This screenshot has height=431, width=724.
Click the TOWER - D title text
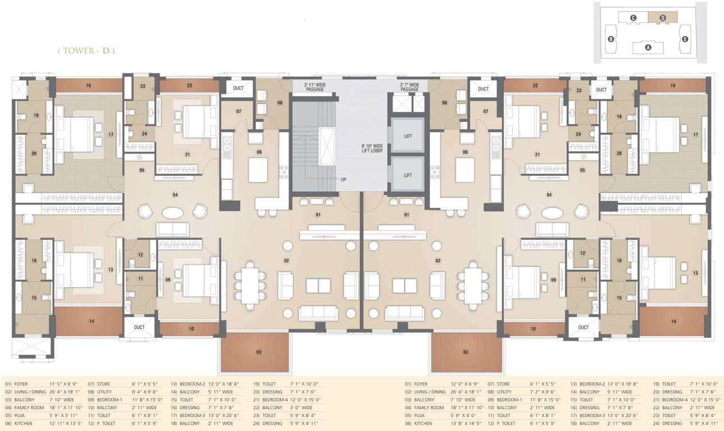tap(86, 51)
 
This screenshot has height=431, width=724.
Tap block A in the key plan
tap(648, 48)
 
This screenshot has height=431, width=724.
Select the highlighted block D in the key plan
tap(663, 17)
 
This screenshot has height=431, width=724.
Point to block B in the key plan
tap(610, 39)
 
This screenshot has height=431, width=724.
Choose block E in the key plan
tap(685, 39)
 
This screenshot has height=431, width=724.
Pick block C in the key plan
tap(633, 17)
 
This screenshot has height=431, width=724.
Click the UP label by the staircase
tap(343, 180)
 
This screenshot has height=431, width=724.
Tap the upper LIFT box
tap(408, 136)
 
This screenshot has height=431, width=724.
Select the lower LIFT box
tap(408, 175)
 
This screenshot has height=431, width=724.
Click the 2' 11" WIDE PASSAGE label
tap(314, 86)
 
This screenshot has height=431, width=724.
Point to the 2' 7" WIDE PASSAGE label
tap(410, 86)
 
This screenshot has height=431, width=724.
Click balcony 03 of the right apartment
tap(465, 352)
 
